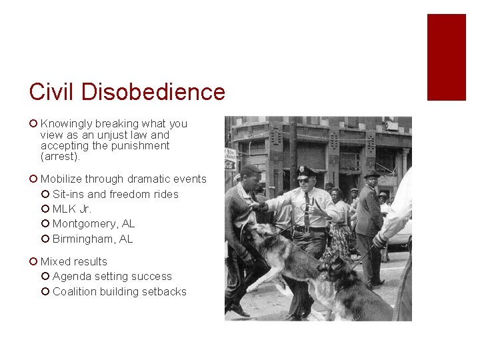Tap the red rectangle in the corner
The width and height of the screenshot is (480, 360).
point(446,57)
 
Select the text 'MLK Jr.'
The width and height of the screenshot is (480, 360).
point(72,209)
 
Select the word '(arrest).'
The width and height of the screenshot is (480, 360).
point(60,157)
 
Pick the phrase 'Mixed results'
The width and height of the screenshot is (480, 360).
point(73,261)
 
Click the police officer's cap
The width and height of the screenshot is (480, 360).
point(305,171)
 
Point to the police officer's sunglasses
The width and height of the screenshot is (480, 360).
point(303,180)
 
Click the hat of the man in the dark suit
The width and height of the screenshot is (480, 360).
point(371,173)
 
